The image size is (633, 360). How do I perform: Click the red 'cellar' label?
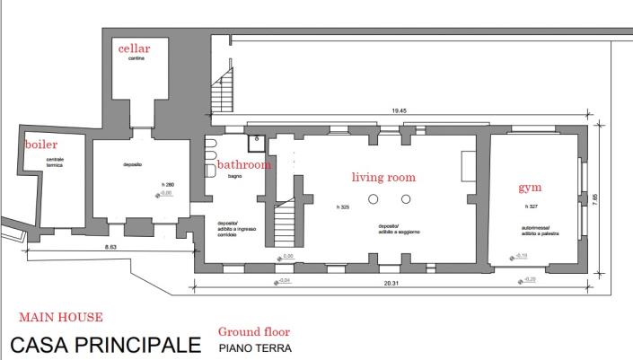pyautogui.click(x=134, y=48)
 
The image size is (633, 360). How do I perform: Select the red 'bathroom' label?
pyautogui.click(x=244, y=166)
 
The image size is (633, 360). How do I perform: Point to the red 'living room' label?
pyautogui.click(x=385, y=178)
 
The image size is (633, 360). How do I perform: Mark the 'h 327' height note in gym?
pyautogui.click(x=530, y=206)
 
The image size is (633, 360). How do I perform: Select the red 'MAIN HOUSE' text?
pyautogui.click(x=60, y=316)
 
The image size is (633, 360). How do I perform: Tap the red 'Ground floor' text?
pyautogui.click(x=255, y=330)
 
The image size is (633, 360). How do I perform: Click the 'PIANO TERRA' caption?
pyautogui.click(x=252, y=347)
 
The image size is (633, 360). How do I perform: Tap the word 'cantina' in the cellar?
pyautogui.click(x=136, y=59)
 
